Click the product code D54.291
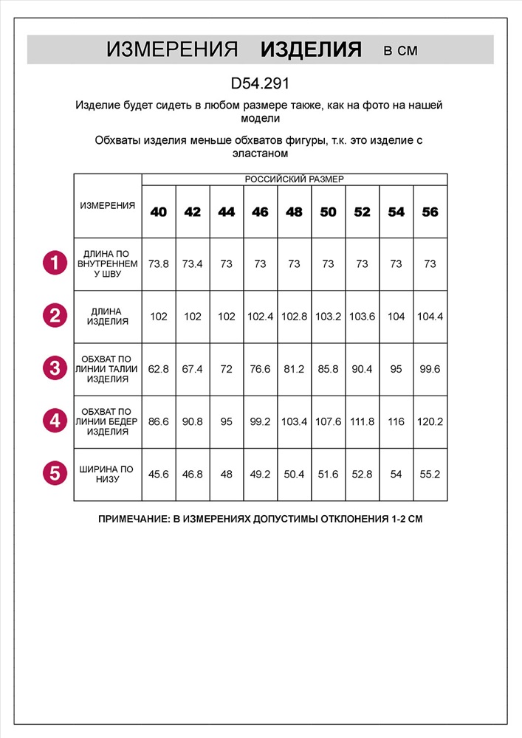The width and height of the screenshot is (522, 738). (260, 84)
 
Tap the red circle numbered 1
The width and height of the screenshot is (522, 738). (55, 263)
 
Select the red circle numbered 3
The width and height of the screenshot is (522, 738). (55, 368)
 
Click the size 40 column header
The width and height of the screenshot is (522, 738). (158, 212)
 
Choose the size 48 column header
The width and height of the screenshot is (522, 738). (294, 212)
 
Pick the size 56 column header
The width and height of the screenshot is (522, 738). (430, 212)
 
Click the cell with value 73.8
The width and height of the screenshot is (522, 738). (158, 263)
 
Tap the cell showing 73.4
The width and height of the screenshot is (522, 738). (192, 263)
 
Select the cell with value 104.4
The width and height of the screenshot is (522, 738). (430, 317)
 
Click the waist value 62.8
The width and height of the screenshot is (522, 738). (158, 369)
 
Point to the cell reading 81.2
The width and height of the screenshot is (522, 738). (294, 369)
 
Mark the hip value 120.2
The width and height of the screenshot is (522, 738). (430, 421)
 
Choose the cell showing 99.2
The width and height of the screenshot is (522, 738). (260, 421)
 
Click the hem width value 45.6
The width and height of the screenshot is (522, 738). (158, 474)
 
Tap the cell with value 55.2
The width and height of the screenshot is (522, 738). (430, 474)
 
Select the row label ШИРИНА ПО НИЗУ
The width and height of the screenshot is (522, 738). (108, 474)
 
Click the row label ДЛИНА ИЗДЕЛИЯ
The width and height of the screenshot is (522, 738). (108, 317)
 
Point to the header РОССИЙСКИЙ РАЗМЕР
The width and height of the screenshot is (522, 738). (294, 179)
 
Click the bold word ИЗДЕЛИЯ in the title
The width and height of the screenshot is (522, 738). (311, 50)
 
